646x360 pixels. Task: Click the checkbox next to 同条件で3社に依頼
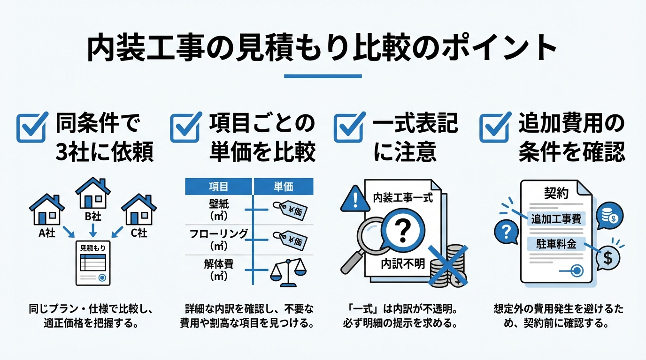(31, 127)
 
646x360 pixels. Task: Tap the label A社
(47, 232)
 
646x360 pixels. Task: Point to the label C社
(139, 232)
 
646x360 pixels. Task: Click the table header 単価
(284, 187)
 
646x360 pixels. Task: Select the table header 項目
(219, 187)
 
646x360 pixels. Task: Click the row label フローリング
(219, 233)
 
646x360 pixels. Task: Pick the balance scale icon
(288, 273)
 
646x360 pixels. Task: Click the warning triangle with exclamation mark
(355, 199)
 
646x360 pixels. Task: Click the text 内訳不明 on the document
(403, 263)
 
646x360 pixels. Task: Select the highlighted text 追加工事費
(556, 219)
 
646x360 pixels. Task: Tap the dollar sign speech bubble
(608, 258)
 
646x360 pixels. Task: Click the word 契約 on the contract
(556, 193)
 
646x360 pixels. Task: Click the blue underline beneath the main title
(323, 76)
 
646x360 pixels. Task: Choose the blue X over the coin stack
(447, 265)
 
